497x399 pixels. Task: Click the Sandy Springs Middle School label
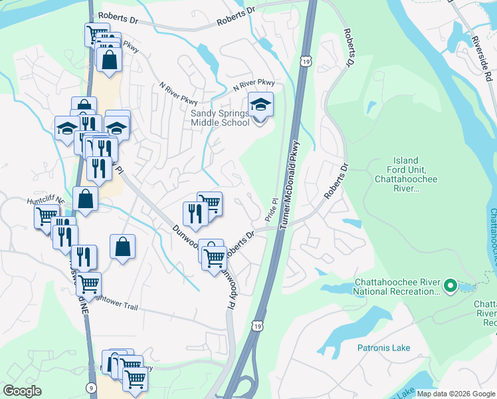(x=219, y=118)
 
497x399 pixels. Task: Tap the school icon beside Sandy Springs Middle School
(x=260, y=105)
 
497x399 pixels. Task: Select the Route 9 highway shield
(x=92, y=387)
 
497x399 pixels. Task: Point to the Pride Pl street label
(x=271, y=209)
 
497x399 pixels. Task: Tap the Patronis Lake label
(x=383, y=348)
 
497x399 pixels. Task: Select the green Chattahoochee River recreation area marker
(x=450, y=286)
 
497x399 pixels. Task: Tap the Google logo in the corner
(x=22, y=391)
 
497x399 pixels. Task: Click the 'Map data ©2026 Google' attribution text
(x=456, y=394)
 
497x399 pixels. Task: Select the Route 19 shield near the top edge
(x=306, y=61)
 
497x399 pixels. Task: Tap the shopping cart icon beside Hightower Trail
(x=88, y=284)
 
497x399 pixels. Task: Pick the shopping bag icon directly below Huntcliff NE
(x=86, y=198)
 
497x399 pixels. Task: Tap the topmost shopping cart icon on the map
(x=97, y=34)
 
